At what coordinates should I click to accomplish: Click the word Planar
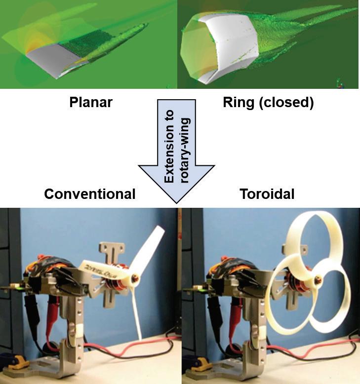pyautogui.click(x=90, y=103)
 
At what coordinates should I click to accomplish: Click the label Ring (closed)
pyautogui.click(x=268, y=103)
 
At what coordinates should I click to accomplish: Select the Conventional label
pyautogui.click(x=89, y=194)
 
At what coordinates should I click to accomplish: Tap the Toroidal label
pyautogui.click(x=267, y=194)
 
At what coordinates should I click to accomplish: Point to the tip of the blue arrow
pyautogui.click(x=176, y=202)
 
